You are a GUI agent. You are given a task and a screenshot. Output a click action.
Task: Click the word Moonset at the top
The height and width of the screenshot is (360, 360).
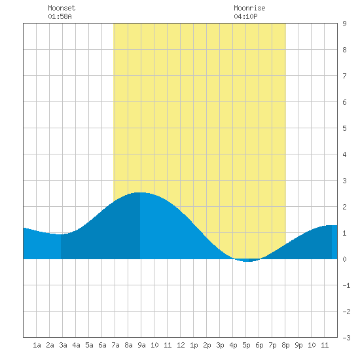pyautogui.click(x=62, y=8)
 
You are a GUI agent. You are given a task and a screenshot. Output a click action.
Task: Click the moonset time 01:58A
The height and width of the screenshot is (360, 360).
pyautogui.click(x=60, y=16)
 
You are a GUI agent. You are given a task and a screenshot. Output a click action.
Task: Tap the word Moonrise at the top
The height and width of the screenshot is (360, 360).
pyautogui.click(x=249, y=8)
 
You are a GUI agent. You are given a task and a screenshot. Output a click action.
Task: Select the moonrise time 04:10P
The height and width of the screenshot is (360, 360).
pyautogui.click(x=245, y=16)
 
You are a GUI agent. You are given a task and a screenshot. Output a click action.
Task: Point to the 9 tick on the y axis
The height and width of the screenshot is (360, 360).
pyautogui.click(x=344, y=24)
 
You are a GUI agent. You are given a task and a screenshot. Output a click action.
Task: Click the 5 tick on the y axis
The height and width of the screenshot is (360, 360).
pyautogui.click(x=344, y=128)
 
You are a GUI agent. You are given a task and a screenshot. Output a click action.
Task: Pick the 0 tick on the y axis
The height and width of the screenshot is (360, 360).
pyautogui.click(x=344, y=259)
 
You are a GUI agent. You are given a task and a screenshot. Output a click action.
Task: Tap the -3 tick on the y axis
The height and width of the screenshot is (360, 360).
pyautogui.click(x=346, y=338)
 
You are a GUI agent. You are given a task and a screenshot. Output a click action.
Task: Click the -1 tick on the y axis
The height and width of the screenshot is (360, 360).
pyautogui.click(x=346, y=285)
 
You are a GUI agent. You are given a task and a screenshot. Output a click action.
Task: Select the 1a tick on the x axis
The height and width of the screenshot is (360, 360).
pyautogui.click(x=37, y=345)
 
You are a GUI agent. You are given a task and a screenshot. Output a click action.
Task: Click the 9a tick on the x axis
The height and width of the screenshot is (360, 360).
pyautogui.click(x=141, y=345)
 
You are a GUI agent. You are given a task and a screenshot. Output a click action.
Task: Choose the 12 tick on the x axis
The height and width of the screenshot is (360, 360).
pyautogui.click(x=181, y=345)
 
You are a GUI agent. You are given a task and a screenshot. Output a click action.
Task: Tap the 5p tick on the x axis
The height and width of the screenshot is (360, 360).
pyautogui.click(x=246, y=345)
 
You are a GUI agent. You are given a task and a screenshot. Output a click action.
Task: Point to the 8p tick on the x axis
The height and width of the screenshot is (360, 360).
pyautogui.click(x=285, y=345)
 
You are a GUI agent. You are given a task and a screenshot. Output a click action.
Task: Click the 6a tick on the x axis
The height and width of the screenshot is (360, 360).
pyautogui.click(x=102, y=345)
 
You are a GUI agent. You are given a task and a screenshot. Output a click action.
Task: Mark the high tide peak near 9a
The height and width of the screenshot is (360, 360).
pyautogui.click(x=140, y=192)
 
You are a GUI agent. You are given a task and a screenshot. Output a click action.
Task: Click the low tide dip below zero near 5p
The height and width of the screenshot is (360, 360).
pyautogui.click(x=246, y=261)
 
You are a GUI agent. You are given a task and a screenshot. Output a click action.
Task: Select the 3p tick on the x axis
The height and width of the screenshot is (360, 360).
pyautogui.click(x=220, y=345)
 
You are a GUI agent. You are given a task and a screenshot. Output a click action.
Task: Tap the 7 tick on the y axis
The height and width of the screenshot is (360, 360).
pyautogui.click(x=344, y=76)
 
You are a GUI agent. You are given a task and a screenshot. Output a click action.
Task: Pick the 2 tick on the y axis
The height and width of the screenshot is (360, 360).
pyautogui.click(x=344, y=207)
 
